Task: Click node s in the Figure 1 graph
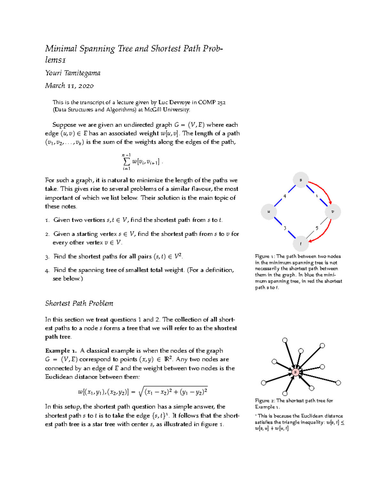coord(300,180)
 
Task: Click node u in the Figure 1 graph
coord(269,212)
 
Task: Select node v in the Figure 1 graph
coord(332,212)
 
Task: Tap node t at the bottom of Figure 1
coord(300,244)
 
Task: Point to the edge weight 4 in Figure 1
coord(284,196)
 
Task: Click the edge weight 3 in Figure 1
coord(285,228)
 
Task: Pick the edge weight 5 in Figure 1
coord(317,228)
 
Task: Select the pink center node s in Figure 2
coord(295,372)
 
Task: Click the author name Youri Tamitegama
coord(73,73)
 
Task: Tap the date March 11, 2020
coord(69,86)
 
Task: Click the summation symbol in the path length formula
coord(126,161)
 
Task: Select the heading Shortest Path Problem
coord(79,303)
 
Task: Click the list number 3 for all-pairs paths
coord(47,257)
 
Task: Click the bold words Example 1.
coord(61,351)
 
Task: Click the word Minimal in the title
coord(61,49)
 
